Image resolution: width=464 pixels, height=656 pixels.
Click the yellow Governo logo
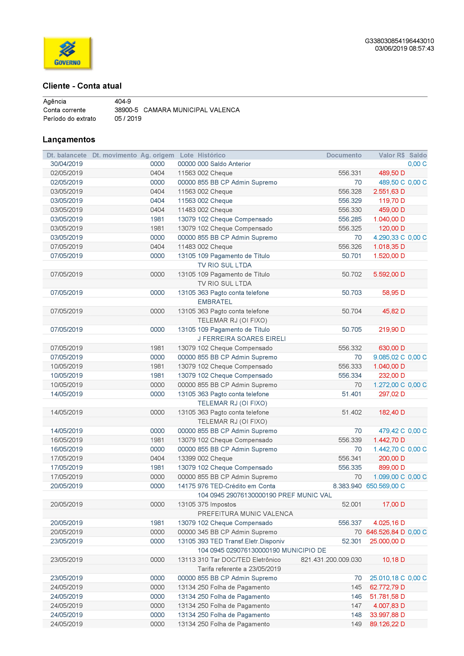68,53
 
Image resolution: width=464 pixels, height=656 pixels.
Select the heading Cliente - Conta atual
82,86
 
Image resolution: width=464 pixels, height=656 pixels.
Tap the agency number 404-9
122,101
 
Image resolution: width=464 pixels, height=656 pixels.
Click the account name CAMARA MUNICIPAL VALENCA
192,110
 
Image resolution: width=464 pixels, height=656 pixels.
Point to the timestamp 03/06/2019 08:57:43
404,49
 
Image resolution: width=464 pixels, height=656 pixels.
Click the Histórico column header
212,155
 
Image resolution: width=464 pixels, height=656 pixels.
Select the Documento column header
344,155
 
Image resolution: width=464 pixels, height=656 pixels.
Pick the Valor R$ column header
391,155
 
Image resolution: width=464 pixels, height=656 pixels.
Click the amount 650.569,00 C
385,486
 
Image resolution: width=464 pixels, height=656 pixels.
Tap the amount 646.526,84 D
385,532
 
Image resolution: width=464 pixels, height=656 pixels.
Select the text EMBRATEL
215,302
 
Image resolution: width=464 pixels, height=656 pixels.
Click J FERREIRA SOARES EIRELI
242,339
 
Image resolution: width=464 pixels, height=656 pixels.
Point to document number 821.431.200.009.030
331,560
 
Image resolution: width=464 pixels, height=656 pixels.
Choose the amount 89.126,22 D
387,624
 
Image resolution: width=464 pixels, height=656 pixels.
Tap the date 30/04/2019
67,164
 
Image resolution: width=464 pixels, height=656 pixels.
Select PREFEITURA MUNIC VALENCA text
245,514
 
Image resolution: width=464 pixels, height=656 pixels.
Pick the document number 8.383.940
347,486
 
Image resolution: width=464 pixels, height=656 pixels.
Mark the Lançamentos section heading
69,140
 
